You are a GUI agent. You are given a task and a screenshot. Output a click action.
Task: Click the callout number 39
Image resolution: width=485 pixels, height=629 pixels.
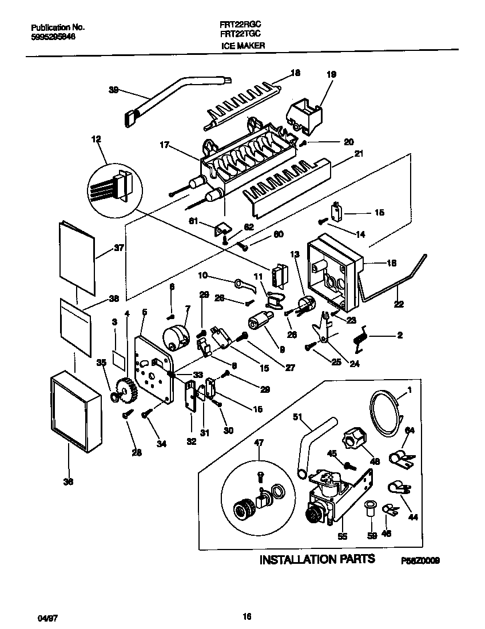[113, 89]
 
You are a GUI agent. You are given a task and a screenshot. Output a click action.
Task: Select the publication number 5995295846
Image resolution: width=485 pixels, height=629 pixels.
[53, 37]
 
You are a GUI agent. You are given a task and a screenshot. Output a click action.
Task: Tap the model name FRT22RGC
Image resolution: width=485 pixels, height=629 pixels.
[237, 26]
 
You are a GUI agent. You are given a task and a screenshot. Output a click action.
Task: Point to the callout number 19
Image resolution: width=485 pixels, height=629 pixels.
[331, 74]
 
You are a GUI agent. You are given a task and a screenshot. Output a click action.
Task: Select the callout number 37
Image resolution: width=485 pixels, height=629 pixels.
[119, 248]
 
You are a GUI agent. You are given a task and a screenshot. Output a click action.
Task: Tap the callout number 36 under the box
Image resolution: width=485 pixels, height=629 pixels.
[68, 482]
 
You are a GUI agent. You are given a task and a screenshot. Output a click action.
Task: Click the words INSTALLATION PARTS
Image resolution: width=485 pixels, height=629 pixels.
[317, 559]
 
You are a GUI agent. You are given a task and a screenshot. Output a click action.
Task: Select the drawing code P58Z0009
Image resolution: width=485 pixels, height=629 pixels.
[420, 562]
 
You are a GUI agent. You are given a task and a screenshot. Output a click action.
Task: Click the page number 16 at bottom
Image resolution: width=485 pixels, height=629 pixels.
[247, 616]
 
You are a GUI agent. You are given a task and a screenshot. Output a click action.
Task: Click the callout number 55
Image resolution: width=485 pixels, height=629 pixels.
[342, 537]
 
